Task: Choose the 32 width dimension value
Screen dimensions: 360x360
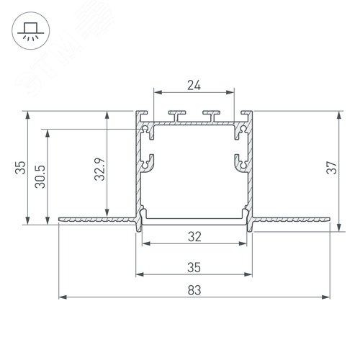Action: pos(194,235)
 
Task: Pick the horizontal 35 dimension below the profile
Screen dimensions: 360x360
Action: pos(194,266)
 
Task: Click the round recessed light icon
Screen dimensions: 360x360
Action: pos(31,30)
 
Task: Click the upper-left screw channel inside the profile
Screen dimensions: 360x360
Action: pos(149,131)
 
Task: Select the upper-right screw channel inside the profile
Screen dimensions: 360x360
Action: pos(240,131)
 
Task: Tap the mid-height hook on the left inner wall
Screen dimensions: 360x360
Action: pos(149,163)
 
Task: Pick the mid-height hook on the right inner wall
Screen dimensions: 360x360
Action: pos(240,163)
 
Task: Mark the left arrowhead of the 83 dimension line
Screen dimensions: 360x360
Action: pos(62,296)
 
